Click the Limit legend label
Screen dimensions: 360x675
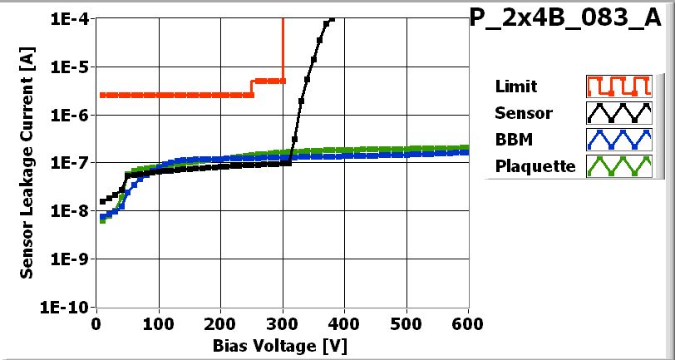point(515,86)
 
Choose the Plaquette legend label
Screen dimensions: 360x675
point(535,165)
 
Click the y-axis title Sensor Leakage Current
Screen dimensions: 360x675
point(27,162)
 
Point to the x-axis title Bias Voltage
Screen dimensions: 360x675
point(282,343)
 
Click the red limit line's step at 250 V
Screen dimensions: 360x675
point(252,87)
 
